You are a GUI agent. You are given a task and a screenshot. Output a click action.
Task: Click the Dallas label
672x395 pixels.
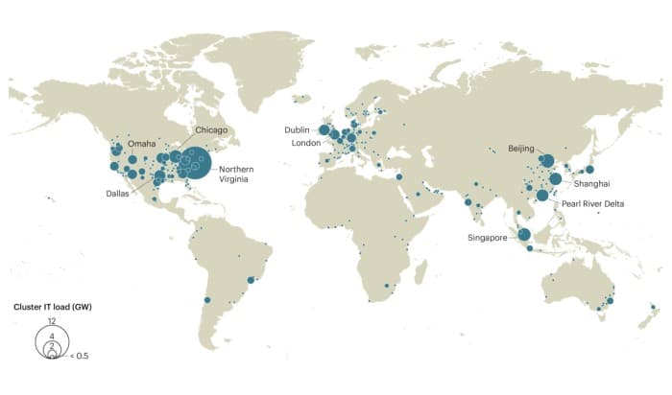point(118,194)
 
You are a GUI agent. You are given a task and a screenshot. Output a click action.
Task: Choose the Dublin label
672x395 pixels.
point(298,129)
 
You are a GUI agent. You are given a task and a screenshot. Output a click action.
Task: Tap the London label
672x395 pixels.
point(306,143)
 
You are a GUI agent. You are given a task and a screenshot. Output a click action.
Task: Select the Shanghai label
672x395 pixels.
point(591,182)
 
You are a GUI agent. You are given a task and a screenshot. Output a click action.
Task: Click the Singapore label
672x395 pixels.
point(488,237)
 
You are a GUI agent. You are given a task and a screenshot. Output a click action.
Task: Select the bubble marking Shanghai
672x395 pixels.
point(556,178)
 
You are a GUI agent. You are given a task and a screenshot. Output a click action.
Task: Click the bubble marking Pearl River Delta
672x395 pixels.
point(542,196)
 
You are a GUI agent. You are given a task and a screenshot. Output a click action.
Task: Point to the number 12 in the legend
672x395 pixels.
point(51,320)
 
